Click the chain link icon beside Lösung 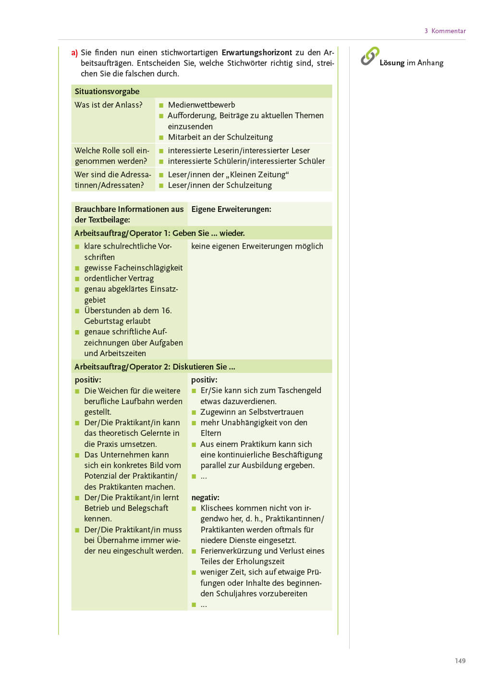click(x=370, y=56)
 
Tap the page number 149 click(x=460, y=661)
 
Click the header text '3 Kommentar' click(x=445, y=31)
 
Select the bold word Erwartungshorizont click(x=257, y=52)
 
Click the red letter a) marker click(x=74, y=53)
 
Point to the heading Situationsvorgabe click(x=107, y=91)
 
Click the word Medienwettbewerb click(x=201, y=105)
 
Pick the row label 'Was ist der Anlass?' click(x=109, y=105)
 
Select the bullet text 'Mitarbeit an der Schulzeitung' click(x=220, y=137)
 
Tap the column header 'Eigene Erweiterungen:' click(x=231, y=209)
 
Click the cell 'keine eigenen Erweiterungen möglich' click(x=257, y=246)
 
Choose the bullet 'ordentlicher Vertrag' click(x=119, y=278)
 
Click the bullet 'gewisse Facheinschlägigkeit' click(x=133, y=268)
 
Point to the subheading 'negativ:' click(x=205, y=497)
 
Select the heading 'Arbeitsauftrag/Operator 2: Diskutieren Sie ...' click(x=155, y=367)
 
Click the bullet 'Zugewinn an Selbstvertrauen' click(x=252, y=412)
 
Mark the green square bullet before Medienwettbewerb click(x=161, y=105)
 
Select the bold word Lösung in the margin click(x=392, y=63)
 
